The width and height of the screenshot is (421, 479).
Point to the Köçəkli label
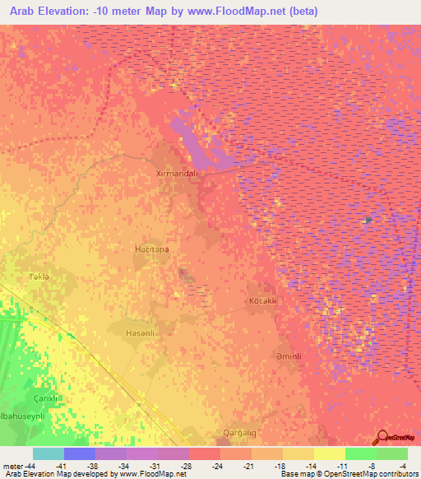pyautogui.click(x=265, y=301)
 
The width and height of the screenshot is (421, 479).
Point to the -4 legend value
pyautogui.click(x=405, y=466)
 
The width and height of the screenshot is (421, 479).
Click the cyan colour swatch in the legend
pyautogui.click(x=49, y=453)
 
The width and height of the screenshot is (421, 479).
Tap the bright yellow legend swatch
pyautogui.click(x=330, y=453)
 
